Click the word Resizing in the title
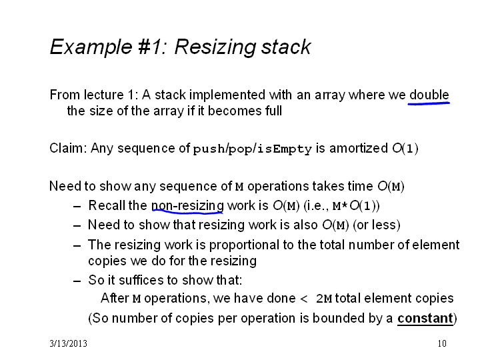click(x=215, y=48)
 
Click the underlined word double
click(x=429, y=95)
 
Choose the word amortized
click(x=359, y=148)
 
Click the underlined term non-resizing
click(x=187, y=205)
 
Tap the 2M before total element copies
click(x=324, y=299)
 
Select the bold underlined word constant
click(x=425, y=319)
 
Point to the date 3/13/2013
click(x=68, y=343)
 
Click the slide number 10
click(x=442, y=343)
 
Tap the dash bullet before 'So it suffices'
click(x=77, y=281)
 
